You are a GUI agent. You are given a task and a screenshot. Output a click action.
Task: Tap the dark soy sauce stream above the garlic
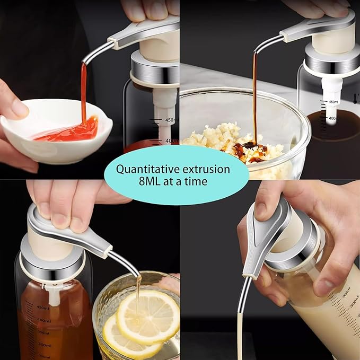click(254, 95)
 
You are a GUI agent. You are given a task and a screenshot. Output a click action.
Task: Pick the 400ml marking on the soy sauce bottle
click(333, 119)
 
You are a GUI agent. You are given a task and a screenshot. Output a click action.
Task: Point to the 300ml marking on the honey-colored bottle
click(43, 345)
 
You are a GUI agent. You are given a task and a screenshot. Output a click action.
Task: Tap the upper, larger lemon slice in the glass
click(148, 317)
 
